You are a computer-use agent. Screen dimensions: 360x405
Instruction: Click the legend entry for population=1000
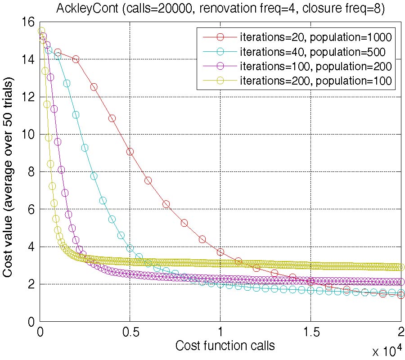[315, 37]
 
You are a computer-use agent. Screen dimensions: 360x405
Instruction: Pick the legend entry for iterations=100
[315, 66]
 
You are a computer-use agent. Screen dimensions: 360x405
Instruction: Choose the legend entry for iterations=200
[315, 81]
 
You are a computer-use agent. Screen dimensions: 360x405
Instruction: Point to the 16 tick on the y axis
[27, 22]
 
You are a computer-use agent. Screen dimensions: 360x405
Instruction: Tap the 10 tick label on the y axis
[27, 134]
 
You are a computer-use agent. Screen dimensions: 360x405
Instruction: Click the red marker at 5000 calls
[130, 152]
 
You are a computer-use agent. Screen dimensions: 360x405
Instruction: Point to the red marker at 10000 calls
[220, 252]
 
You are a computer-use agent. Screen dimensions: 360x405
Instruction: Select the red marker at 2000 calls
[76, 59]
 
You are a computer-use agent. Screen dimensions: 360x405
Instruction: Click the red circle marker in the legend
[220, 37]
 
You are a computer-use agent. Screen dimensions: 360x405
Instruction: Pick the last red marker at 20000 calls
[400, 295]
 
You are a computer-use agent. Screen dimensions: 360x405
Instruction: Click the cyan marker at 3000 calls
[94, 176]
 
